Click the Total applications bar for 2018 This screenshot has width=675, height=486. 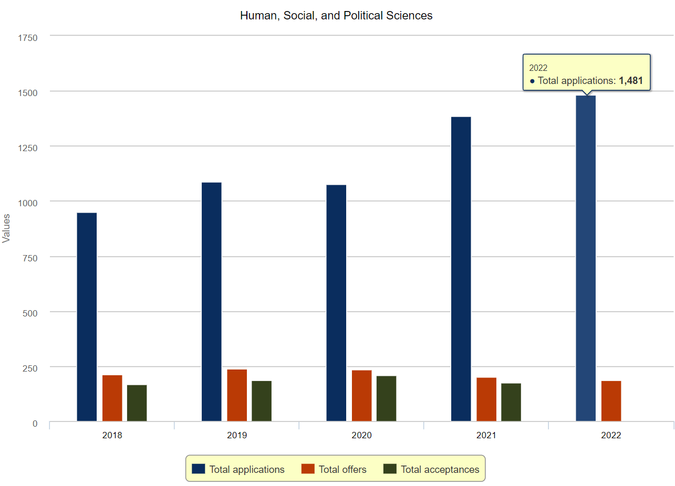point(87,317)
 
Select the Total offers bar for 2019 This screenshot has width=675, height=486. point(237,395)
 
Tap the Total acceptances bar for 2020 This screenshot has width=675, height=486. point(386,398)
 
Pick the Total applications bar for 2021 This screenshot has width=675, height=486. point(461,269)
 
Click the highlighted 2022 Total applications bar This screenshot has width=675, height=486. point(586,258)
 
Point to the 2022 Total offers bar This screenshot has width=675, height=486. point(611,401)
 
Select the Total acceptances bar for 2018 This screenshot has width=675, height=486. point(137,403)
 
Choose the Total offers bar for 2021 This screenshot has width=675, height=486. point(486,399)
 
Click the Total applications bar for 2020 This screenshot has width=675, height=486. point(336,303)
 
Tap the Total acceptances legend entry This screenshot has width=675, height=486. point(440,469)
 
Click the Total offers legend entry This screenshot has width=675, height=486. point(342,469)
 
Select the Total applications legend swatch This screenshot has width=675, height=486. point(198,469)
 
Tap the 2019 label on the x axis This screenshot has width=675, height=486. point(237,436)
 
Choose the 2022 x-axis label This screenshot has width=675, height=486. point(611,436)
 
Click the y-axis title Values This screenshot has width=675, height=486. point(6,228)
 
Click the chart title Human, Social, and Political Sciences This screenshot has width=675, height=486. point(336,16)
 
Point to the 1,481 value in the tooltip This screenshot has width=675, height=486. point(630,81)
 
